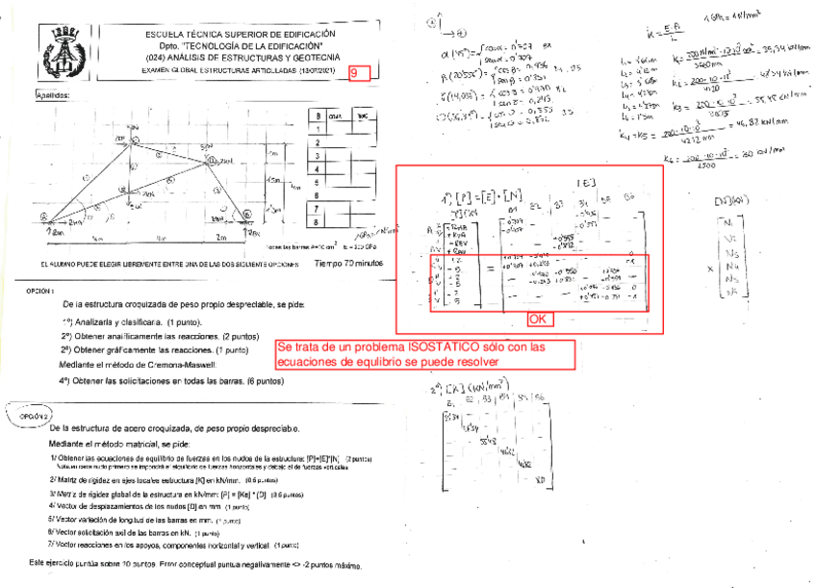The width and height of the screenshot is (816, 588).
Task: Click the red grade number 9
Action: point(357,73)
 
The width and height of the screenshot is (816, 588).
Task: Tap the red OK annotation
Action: point(539,319)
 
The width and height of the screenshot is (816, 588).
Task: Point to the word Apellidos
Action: point(53,96)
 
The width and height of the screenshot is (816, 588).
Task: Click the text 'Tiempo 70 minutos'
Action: point(348,262)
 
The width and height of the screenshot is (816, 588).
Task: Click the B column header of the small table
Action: point(316,114)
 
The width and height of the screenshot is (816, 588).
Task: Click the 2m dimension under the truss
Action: point(220,238)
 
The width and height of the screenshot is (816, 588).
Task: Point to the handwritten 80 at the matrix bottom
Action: point(538,478)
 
